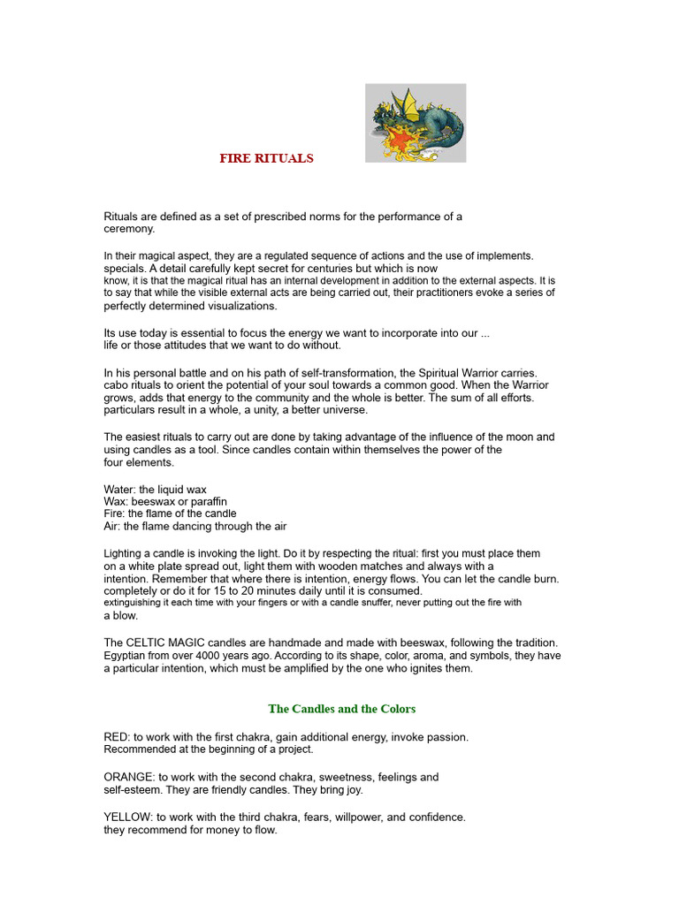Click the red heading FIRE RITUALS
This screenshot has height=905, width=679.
[266, 158]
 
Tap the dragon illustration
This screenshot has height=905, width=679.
[416, 123]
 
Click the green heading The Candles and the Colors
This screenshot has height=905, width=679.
[341, 709]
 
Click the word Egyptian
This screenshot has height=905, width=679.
[128, 656]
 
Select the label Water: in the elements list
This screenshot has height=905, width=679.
[121, 490]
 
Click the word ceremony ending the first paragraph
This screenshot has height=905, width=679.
[128, 229]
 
